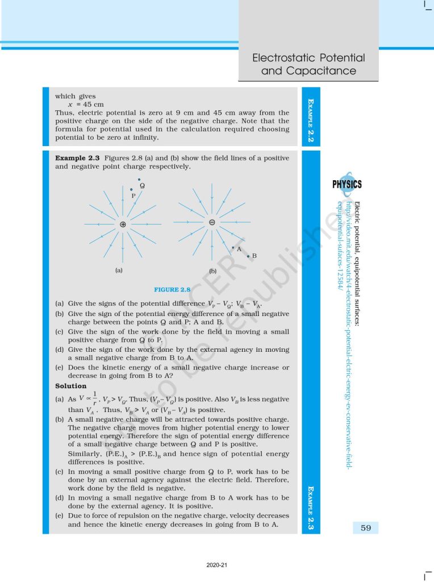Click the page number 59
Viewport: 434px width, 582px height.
[x=365, y=528]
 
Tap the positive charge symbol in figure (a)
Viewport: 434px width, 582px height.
[x=123, y=225]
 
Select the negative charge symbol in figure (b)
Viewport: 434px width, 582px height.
[x=211, y=222]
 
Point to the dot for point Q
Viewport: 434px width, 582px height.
[x=139, y=180]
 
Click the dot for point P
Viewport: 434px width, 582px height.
[x=131, y=189]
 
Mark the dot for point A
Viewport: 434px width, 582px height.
[x=233, y=247]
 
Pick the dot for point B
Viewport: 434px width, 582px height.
[x=248, y=256]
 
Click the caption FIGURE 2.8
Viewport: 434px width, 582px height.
[x=172, y=289]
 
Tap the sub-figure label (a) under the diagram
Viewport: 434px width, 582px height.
[x=119, y=271]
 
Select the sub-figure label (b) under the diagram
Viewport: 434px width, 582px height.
[x=213, y=271]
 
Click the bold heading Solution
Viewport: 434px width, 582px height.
[x=71, y=386]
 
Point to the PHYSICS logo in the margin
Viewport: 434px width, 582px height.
[x=347, y=184]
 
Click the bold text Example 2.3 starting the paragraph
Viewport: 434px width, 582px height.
[x=77, y=157]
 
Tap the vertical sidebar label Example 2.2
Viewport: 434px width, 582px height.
[x=311, y=119]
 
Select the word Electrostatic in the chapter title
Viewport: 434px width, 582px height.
[x=283, y=58]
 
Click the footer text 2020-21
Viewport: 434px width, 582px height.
[x=216, y=565]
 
